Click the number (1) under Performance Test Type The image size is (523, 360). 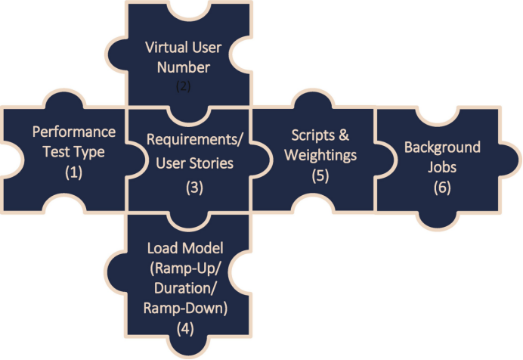tap(73, 171)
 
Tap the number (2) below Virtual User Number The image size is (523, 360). tap(184, 85)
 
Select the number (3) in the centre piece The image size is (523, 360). tap(195, 188)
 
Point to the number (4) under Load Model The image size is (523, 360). tap(186, 329)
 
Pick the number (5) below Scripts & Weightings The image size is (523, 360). tap(322, 174)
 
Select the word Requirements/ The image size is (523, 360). tap(187, 140)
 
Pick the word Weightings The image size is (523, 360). tap(323, 154)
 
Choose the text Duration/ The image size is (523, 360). tap(184, 288)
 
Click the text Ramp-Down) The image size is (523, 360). tap(185, 309)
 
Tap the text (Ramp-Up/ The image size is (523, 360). tap(186, 268)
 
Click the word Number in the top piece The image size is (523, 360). tap(184, 67)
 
